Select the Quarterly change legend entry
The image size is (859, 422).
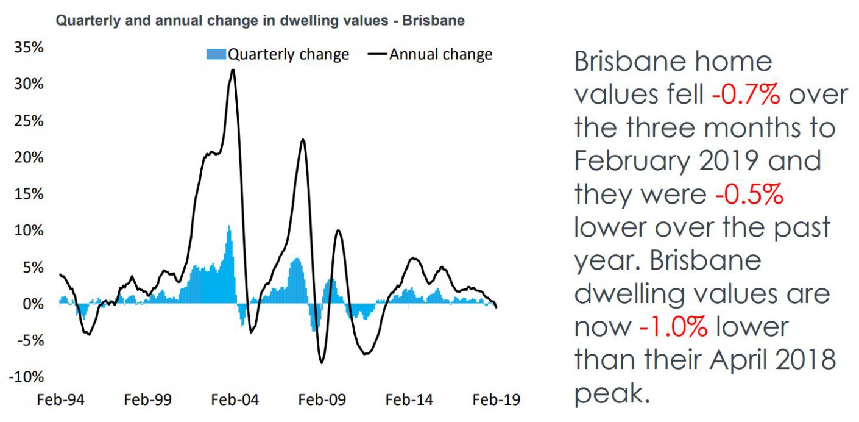[278, 54]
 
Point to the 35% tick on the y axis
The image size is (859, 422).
[29, 48]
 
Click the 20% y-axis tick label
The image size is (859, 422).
[29, 157]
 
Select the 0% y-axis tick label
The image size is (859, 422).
[32, 304]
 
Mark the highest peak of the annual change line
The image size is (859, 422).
[232, 70]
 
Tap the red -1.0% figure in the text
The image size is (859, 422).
[673, 327]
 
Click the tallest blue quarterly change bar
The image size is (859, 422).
[229, 265]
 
